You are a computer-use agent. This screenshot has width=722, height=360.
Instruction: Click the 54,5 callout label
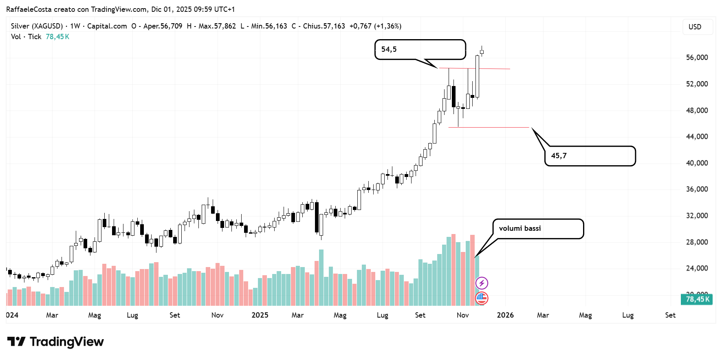click(x=420, y=49)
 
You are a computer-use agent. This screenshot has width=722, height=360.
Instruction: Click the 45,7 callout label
click(x=590, y=156)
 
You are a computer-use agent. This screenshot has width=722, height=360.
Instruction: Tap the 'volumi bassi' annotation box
click(x=538, y=229)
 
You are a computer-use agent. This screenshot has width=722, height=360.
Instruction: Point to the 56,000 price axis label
click(x=697, y=57)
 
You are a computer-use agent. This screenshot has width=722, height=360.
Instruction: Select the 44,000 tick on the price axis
click(x=697, y=137)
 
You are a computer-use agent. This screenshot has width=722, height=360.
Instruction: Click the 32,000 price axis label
click(x=697, y=216)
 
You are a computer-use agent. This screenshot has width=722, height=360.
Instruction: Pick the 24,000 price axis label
click(x=697, y=268)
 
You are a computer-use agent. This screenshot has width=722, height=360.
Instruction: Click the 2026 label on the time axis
click(x=505, y=315)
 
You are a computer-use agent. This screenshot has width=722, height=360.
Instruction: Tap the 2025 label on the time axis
click(x=260, y=315)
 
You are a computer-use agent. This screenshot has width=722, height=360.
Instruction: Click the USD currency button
click(x=695, y=27)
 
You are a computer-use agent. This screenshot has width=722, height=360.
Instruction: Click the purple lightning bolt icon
click(x=482, y=283)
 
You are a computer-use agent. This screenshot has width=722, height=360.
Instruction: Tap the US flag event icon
click(x=482, y=298)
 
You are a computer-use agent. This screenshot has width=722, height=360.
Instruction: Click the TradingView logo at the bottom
click(x=55, y=342)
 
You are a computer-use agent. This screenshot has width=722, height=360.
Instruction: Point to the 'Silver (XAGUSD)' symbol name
click(x=37, y=26)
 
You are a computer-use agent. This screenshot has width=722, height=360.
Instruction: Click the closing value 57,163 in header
click(x=334, y=26)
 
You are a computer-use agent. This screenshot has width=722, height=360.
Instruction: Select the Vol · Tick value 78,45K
click(x=57, y=37)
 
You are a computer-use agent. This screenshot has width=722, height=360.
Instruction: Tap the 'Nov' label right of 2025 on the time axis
click(x=462, y=315)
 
